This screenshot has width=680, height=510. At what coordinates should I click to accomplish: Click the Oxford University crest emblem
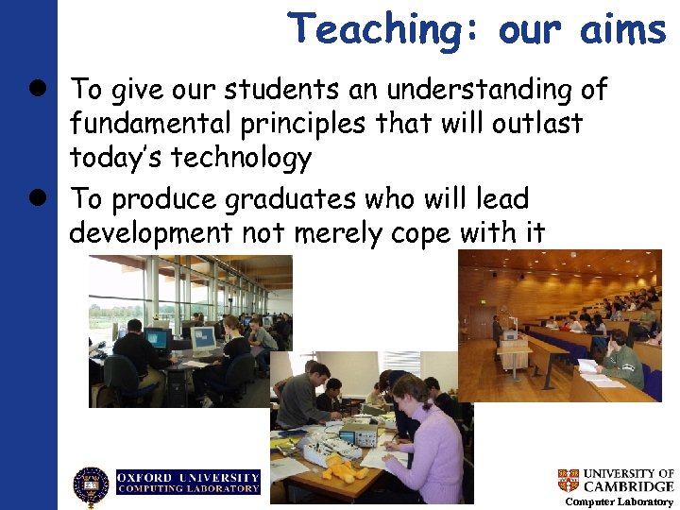(x=92, y=486)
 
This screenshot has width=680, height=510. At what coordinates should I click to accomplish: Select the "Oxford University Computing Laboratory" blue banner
(x=188, y=482)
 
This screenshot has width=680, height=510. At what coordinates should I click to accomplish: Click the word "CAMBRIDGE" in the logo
(x=628, y=486)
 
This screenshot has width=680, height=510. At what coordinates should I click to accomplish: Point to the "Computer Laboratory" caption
(x=619, y=502)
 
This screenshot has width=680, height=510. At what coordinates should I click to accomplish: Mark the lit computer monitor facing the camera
(x=202, y=339)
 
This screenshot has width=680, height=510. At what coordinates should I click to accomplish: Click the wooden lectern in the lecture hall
(x=514, y=357)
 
